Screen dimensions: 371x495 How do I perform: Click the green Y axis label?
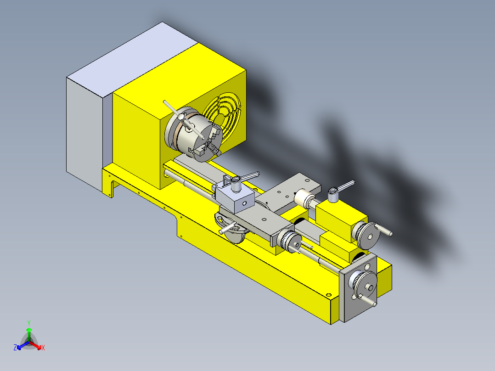click(28, 323)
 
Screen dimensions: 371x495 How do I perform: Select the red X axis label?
click(43, 348)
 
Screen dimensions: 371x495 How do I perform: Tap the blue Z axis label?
click(15, 348)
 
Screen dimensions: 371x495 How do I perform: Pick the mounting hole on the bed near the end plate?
click(328, 295)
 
